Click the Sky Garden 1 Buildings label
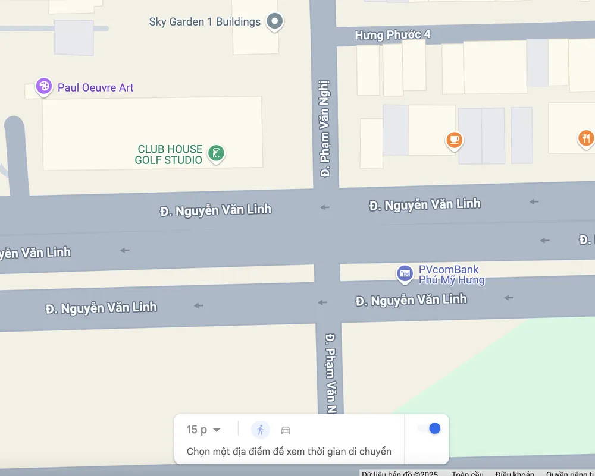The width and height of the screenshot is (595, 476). pyautogui.click(x=205, y=22)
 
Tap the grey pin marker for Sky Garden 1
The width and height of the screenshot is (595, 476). pyautogui.click(x=274, y=22)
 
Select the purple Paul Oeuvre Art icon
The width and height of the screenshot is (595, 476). pyautogui.click(x=43, y=87)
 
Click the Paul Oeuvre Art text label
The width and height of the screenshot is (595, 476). pyautogui.click(x=96, y=88)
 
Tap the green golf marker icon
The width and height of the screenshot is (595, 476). pyautogui.click(x=217, y=153)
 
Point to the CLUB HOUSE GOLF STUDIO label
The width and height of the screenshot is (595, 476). pyautogui.click(x=170, y=155)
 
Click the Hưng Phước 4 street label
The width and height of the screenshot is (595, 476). pyautogui.click(x=392, y=35)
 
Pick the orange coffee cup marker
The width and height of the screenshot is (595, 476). pyautogui.click(x=455, y=140)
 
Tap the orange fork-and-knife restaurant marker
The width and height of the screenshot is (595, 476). pyautogui.click(x=585, y=138)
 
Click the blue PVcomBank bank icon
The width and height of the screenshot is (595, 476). pyautogui.click(x=405, y=273)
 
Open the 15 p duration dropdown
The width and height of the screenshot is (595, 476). pyautogui.click(x=203, y=430)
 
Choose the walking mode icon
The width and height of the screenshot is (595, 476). pyautogui.click(x=260, y=430)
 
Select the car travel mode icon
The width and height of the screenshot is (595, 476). pyautogui.click(x=286, y=430)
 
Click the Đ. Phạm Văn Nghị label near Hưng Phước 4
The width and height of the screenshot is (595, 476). pyautogui.click(x=325, y=129)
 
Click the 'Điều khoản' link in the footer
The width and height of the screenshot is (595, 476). pyautogui.click(x=514, y=474)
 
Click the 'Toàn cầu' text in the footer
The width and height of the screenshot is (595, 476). pyautogui.click(x=468, y=474)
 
